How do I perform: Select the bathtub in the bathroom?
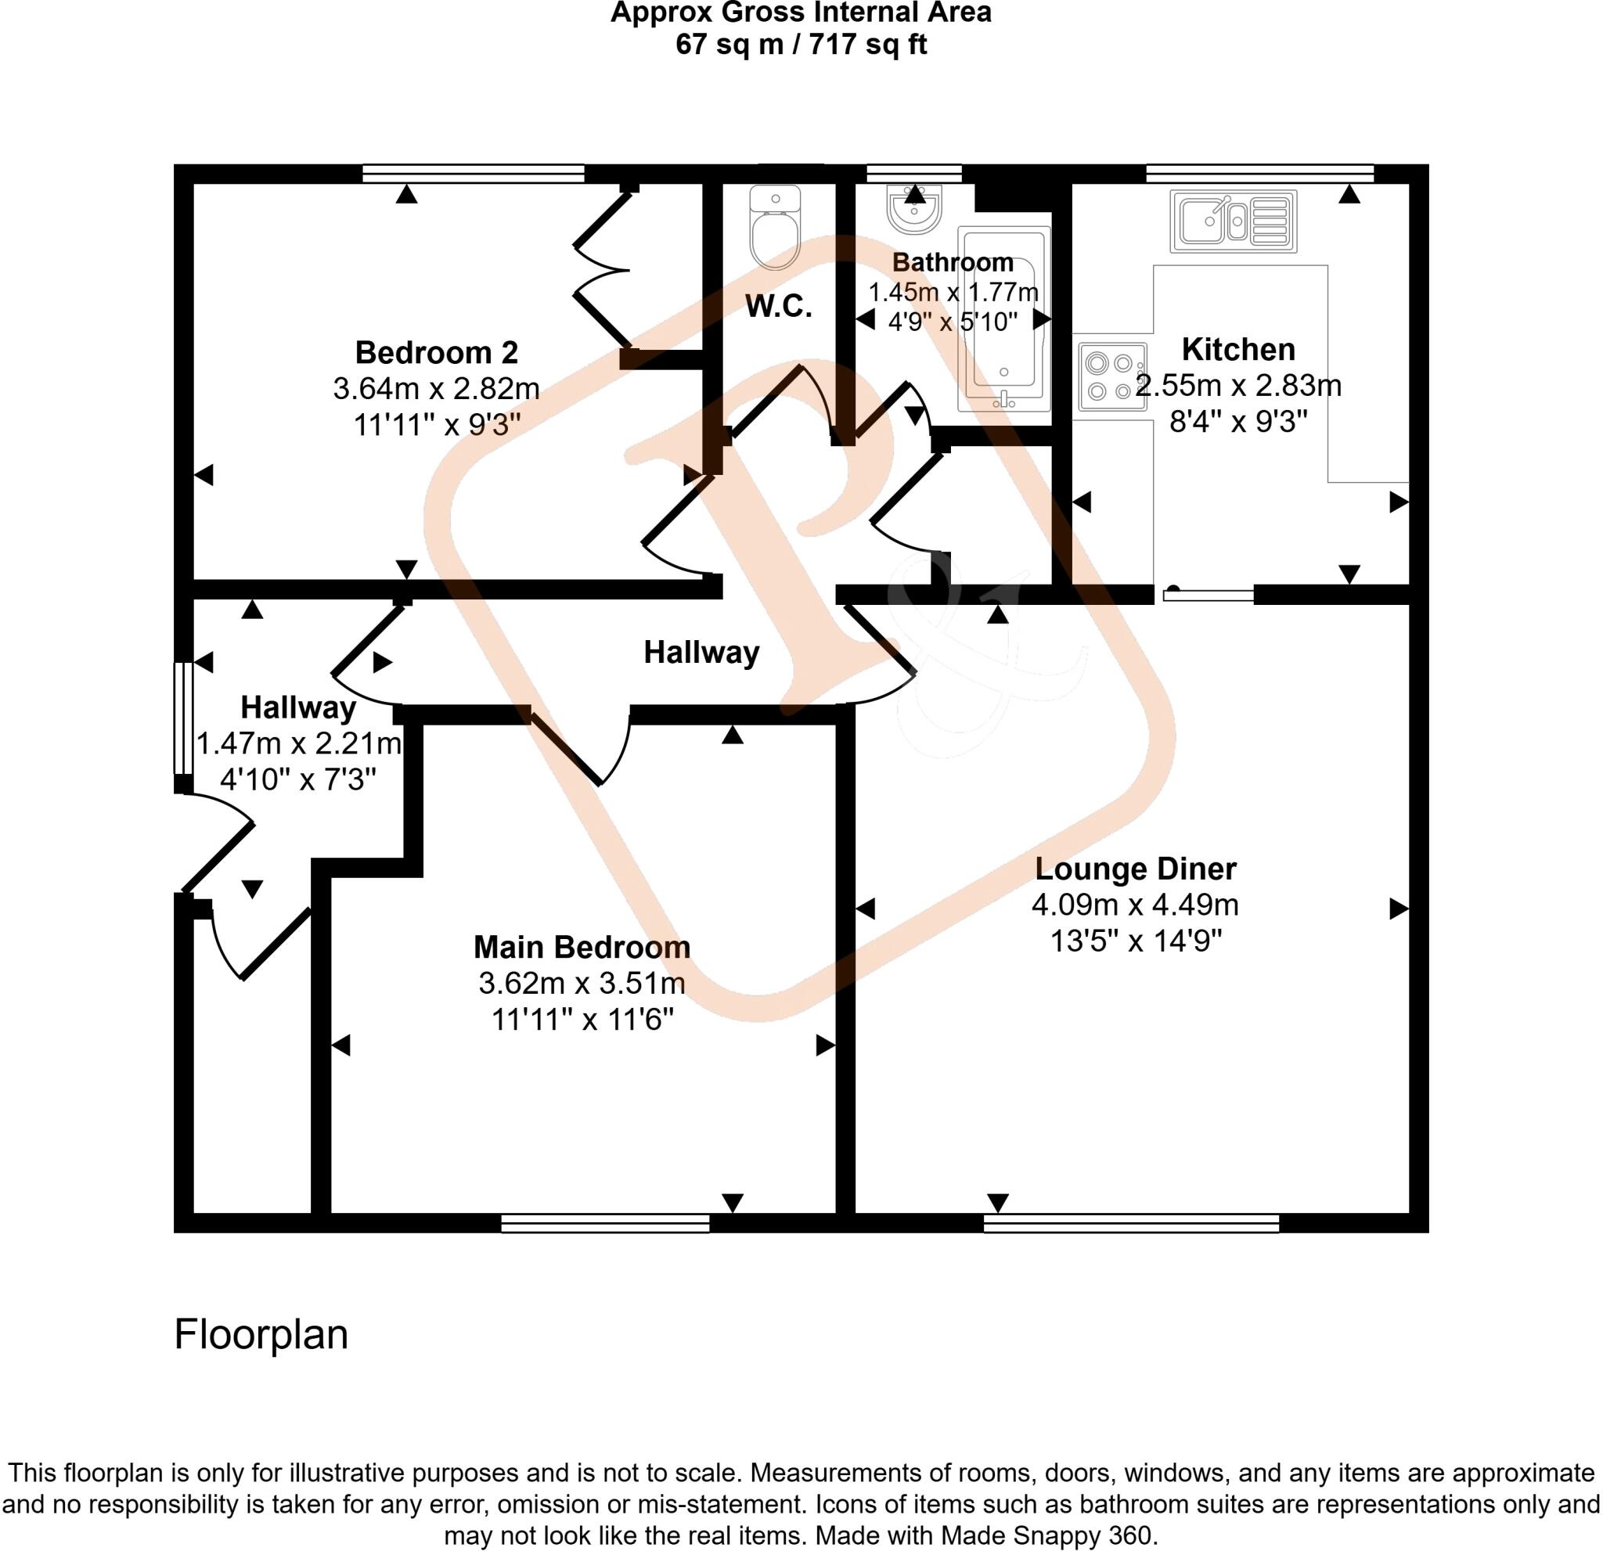click(x=1003, y=318)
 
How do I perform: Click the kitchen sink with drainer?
click(x=1234, y=221)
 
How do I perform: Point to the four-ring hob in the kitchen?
click(x=1112, y=376)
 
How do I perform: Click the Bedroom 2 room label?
click(x=436, y=352)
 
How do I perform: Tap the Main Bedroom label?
click(x=582, y=947)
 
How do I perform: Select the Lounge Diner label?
click(x=1135, y=869)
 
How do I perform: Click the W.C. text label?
click(x=778, y=307)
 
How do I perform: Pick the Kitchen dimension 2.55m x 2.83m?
click(x=1238, y=386)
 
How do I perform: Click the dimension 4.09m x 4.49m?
click(x=1135, y=905)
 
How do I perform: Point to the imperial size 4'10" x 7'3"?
click(x=298, y=779)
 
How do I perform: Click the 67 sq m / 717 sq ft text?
click(x=801, y=44)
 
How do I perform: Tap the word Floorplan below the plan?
click(x=261, y=1334)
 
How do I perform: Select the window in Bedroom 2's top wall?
click(x=473, y=173)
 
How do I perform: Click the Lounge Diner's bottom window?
click(x=1131, y=1223)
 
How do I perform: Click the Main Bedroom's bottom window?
click(x=605, y=1223)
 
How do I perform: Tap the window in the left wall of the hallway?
click(x=183, y=718)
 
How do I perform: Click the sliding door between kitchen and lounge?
click(x=1208, y=595)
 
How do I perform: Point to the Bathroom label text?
click(x=953, y=262)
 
